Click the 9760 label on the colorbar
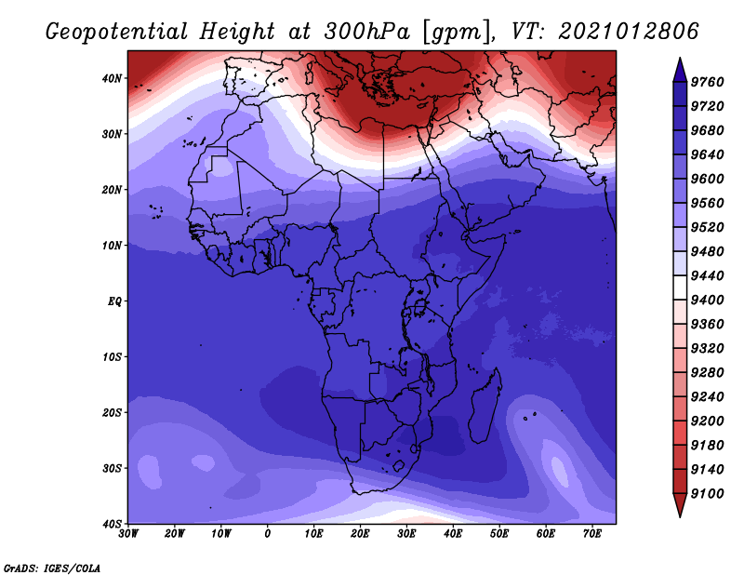click(x=707, y=82)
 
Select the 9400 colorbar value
click(x=707, y=301)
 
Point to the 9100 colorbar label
click(x=707, y=494)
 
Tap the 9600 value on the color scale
click(x=707, y=179)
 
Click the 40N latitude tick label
click(x=112, y=78)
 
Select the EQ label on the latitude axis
click(x=114, y=301)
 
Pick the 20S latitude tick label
click(x=112, y=412)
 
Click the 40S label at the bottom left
click(x=112, y=524)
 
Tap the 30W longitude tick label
click(x=128, y=534)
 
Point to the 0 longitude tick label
click(x=268, y=534)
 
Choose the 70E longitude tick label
click(x=592, y=534)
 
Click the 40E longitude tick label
click(x=453, y=534)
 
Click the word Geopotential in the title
click(x=117, y=33)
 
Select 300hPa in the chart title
click(x=367, y=32)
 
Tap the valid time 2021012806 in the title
click(x=629, y=32)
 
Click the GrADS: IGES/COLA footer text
click(x=52, y=568)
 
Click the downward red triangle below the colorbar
click(x=680, y=504)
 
